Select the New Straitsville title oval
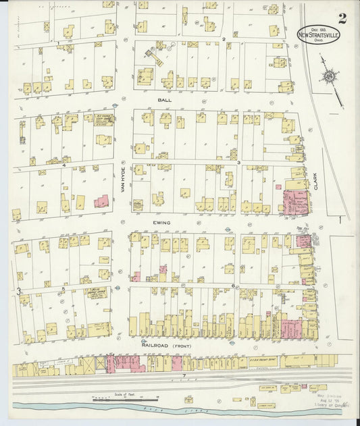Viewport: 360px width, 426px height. click(x=319, y=33)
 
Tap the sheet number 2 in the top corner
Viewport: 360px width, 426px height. click(x=342, y=18)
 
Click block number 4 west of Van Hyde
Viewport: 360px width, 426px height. click(x=63, y=165)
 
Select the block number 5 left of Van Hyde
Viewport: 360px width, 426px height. click(x=63, y=290)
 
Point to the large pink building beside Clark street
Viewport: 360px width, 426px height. click(x=294, y=202)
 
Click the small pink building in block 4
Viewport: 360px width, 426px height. click(x=101, y=201)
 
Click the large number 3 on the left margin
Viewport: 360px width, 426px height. click(x=19, y=292)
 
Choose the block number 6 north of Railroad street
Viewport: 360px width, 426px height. click(x=233, y=286)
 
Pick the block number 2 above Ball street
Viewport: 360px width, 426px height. click(x=224, y=39)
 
